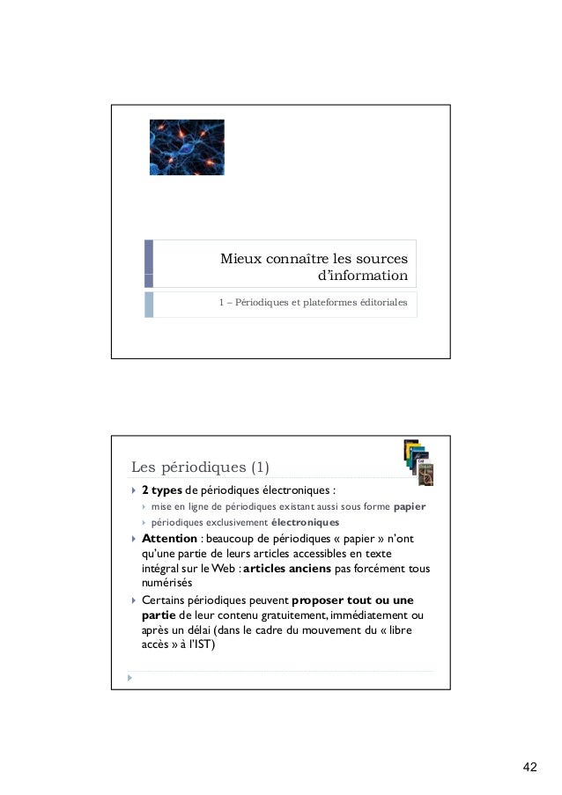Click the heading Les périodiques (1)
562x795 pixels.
tap(199, 466)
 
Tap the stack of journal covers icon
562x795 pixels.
tap(418, 462)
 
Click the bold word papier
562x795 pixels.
tap(409, 507)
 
